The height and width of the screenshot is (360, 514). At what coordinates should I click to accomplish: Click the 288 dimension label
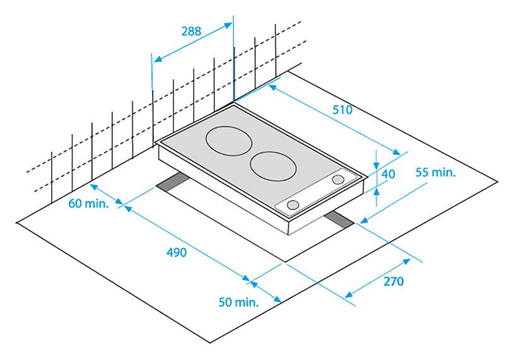(191, 32)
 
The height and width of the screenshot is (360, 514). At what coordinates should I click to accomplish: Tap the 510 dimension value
(342, 110)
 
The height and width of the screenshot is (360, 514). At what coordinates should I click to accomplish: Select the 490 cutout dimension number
(177, 253)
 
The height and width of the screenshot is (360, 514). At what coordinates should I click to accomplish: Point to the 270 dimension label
(394, 281)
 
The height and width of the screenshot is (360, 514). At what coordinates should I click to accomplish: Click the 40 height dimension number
(388, 174)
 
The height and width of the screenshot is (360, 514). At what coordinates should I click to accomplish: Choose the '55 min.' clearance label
(436, 172)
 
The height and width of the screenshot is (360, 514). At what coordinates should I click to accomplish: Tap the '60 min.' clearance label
(88, 204)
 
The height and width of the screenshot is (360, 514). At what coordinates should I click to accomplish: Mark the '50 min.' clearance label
(238, 302)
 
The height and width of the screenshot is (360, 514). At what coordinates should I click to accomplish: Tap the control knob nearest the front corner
(293, 205)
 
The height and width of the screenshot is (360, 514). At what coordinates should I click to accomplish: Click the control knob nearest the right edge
(337, 180)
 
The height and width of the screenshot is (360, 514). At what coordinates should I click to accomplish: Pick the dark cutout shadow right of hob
(339, 220)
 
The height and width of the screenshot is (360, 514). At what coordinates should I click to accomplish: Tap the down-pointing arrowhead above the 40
(377, 165)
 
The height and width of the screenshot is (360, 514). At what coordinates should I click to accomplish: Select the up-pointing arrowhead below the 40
(377, 191)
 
